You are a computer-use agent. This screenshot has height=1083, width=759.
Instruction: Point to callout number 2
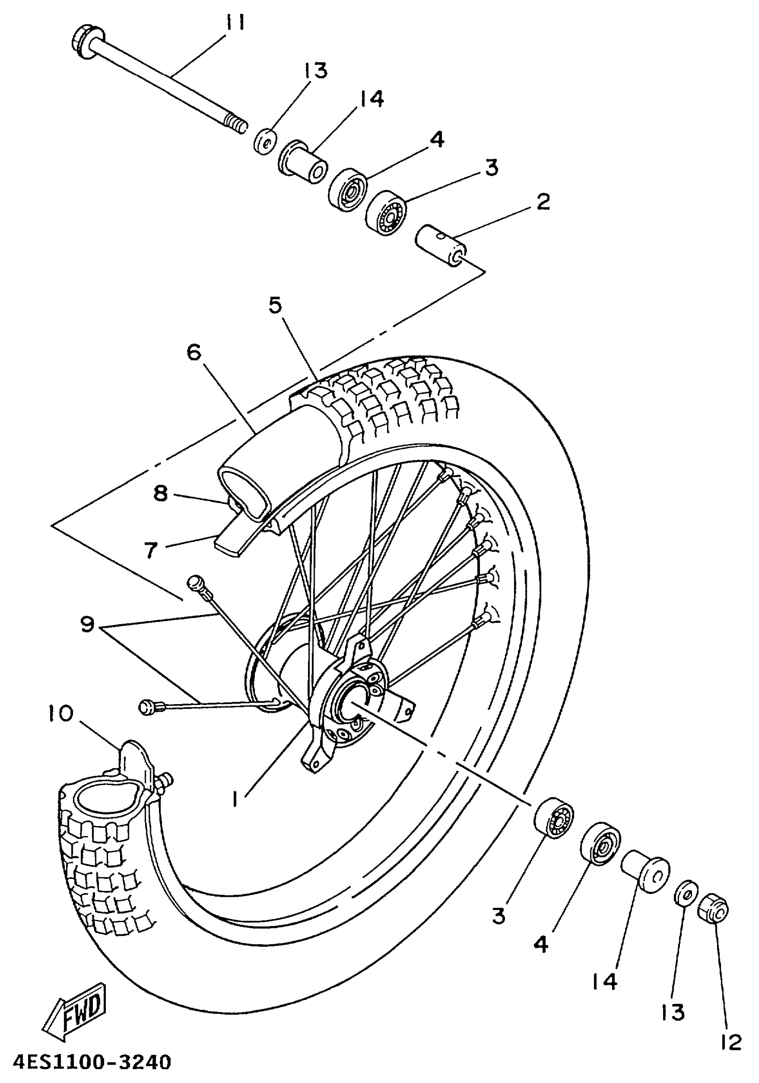543,202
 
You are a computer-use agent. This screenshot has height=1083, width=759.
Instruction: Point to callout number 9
88,625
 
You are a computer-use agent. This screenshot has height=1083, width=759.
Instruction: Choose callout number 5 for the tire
275,306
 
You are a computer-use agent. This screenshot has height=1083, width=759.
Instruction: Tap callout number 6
193,352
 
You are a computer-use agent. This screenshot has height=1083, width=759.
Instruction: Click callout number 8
160,493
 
